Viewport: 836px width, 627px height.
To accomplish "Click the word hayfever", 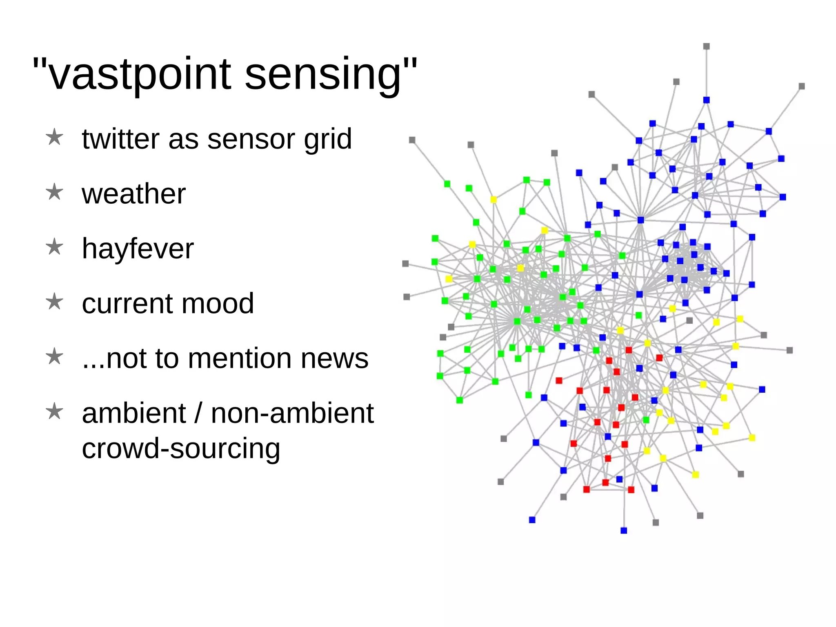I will point(138,249).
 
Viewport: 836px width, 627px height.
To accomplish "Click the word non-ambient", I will point(292,413).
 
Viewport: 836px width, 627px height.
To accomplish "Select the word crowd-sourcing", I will point(181,448).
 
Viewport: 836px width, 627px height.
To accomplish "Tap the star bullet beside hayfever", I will point(54,247).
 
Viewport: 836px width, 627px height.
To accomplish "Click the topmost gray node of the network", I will point(707,46).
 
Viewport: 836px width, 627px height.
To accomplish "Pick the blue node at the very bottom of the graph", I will point(624,530).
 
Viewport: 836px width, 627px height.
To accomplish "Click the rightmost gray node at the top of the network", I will point(802,86).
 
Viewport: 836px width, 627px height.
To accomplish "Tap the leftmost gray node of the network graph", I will point(405,264).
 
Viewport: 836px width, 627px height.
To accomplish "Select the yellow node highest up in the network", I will point(494,200).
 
